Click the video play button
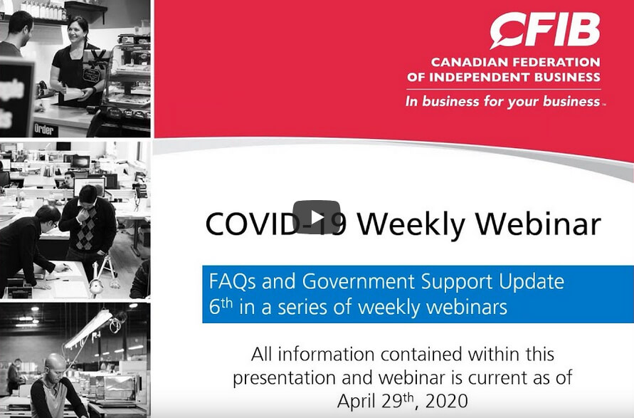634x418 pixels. (317, 217)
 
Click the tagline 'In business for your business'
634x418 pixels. (502, 102)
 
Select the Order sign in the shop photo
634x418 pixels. (46, 130)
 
